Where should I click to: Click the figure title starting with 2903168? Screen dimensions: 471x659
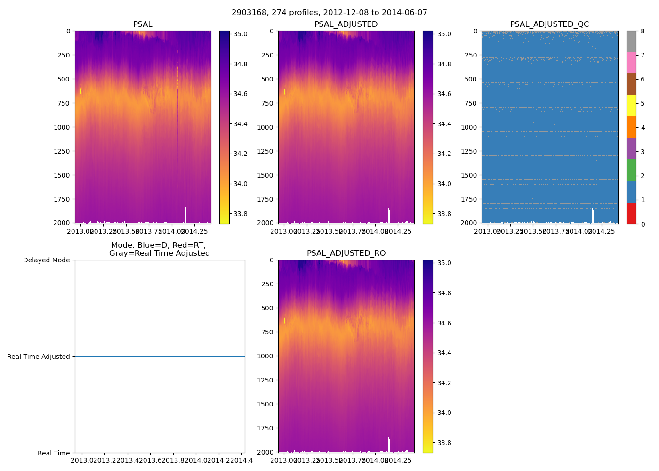pos(329,13)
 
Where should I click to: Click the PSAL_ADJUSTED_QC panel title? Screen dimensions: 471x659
pos(549,24)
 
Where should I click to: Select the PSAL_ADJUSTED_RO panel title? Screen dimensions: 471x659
pos(346,253)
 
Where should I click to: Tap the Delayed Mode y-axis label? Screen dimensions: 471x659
pos(46,260)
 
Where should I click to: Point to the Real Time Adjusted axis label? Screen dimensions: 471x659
pos(39,357)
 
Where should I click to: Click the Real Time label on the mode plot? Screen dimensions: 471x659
pos(54,453)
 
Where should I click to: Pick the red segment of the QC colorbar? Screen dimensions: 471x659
pos(631,213)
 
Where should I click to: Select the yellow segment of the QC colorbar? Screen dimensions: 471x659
pos(631,106)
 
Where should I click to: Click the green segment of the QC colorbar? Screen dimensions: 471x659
pos(631,170)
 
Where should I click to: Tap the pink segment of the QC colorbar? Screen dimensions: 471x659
pos(631,63)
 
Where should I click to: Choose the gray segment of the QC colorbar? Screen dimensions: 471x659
pos(631,41)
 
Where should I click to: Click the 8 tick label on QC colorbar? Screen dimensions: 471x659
pos(642,31)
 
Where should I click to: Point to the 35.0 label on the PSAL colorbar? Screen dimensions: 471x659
pos(241,34)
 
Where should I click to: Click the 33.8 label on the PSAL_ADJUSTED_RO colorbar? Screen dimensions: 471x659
pos(444,443)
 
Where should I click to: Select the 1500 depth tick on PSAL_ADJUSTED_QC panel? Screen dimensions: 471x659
pos(469,175)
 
